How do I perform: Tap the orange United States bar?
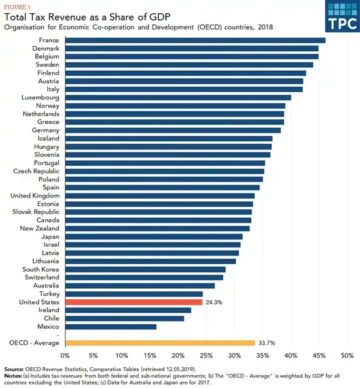click(x=133, y=302)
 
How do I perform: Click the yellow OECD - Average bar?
click(x=160, y=343)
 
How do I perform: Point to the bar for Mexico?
click(x=111, y=327)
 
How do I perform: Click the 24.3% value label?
click(x=215, y=302)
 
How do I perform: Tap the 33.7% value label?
click(x=267, y=343)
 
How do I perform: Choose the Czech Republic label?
click(x=37, y=171)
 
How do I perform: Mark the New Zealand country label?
click(x=41, y=229)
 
